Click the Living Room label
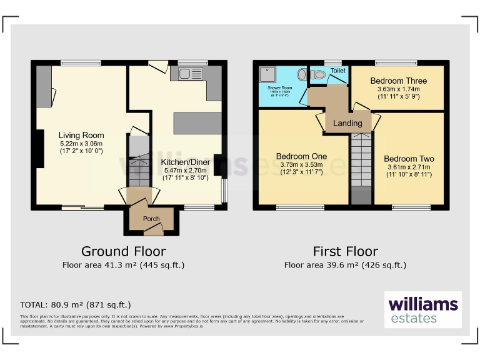click(81, 135)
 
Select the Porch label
click(151, 219)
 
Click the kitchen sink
click(188, 74)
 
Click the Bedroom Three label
click(398, 81)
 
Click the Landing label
click(347, 123)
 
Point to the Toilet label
click(337, 71)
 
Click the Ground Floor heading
click(124, 251)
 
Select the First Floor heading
click(345, 251)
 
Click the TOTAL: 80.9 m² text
click(76, 305)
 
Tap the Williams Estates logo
click(423, 310)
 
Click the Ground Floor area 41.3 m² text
click(124, 265)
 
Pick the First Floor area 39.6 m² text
click(345, 265)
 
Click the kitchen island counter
click(197, 123)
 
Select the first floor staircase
click(360, 162)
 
